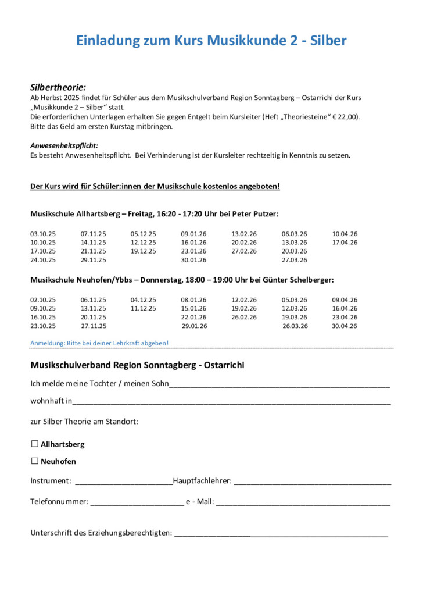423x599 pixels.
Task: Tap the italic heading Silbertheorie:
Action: click(58, 87)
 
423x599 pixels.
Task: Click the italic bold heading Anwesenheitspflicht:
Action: click(64, 145)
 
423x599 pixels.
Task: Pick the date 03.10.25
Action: click(43, 234)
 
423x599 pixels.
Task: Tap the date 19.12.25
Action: click(143, 251)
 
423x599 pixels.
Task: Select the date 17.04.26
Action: click(345, 243)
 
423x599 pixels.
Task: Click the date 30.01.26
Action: click(193, 260)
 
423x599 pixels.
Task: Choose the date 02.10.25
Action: click(43, 300)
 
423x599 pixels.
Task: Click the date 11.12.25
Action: click(143, 309)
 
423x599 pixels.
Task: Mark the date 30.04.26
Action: click(345, 326)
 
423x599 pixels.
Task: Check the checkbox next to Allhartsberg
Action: click(35, 444)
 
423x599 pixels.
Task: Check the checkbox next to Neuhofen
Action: click(35, 461)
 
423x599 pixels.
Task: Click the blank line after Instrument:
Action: click(124, 482)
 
